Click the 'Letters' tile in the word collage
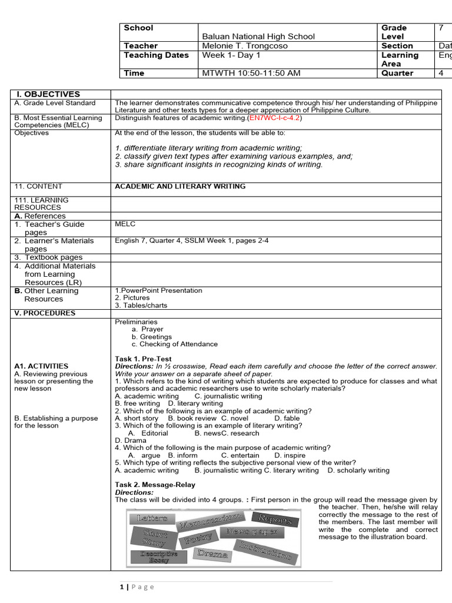(x=152, y=518)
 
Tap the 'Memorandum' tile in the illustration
(x=210, y=521)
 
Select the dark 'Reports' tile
(x=274, y=519)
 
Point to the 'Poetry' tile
(x=197, y=539)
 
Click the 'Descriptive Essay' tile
(x=158, y=557)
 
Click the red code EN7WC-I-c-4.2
(x=275, y=118)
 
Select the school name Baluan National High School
(x=258, y=37)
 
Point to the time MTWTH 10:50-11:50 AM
(x=251, y=74)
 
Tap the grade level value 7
(x=441, y=28)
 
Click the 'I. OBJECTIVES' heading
(x=40, y=94)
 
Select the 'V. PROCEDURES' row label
(x=45, y=313)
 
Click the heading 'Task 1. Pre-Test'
(x=143, y=359)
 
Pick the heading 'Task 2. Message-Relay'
(x=155, y=485)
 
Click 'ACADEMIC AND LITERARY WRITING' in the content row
(x=180, y=187)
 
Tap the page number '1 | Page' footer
(x=137, y=587)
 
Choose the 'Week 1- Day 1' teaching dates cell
(x=231, y=55)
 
